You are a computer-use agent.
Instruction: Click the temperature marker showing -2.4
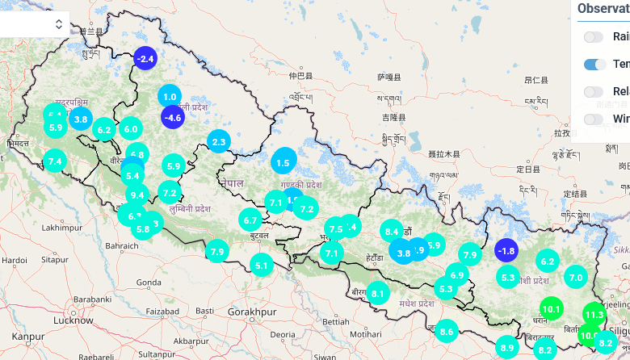click(x=145, y=58)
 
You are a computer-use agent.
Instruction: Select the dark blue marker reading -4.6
click(x=173, y=117)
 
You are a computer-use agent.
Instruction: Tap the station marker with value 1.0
click(x=170, y=97)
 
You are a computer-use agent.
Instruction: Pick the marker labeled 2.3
click(x=219, y=142)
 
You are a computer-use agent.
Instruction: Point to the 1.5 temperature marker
click(x=283, y=162)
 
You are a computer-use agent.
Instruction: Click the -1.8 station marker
click(x=506, y=250)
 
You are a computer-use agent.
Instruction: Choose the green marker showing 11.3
click(x=594, y=315)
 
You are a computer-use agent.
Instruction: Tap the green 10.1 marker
click(x=552, y=308)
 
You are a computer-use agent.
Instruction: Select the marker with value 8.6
click(x=447, y=331)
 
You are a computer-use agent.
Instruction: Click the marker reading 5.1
click(x=261, y=264)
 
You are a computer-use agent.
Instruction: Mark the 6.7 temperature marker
click(x=250, y=220)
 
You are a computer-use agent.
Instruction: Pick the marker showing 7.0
click(x=576, y=277)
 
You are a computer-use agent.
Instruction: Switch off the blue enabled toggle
click(x=595, y=64)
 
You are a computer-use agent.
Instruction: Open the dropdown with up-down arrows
click(x=58, y=24)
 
